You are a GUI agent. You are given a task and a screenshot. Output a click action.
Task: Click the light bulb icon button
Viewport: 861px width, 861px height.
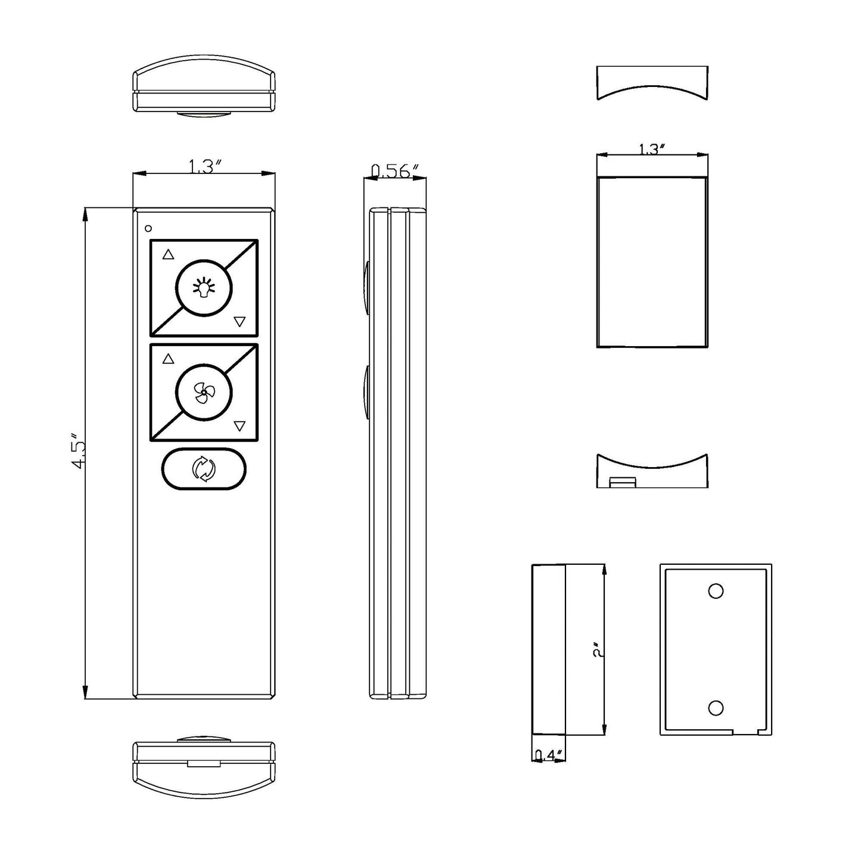tap(204, 288)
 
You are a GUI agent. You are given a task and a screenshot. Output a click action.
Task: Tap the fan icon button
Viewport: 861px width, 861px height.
tap(204, 393)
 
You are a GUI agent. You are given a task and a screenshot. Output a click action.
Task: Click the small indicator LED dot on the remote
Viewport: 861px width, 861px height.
tap(148, 228)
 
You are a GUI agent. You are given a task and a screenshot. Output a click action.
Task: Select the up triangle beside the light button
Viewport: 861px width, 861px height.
tap(168, 254)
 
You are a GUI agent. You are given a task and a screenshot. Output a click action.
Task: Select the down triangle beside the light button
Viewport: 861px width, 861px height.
tap(240, 322)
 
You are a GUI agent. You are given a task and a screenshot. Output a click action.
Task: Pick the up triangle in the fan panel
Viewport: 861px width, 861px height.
tap(168, 359)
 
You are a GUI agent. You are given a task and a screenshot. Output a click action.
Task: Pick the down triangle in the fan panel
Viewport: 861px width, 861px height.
tap(240, 426)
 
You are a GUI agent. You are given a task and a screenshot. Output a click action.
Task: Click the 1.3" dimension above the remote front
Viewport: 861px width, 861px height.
tap(204, 167)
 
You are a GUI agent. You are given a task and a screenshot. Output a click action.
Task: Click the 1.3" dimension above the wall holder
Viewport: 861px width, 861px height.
tap(651, 149)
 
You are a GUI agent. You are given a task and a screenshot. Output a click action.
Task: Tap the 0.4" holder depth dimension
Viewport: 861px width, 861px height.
tap(548, 756)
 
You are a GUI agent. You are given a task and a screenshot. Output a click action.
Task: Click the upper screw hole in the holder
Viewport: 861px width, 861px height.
tap(716, 591)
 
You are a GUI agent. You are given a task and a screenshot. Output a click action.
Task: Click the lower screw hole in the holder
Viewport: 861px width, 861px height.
tap(716, 708)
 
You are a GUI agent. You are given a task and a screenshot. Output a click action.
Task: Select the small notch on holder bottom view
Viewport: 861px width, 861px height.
tap(623, 481)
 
